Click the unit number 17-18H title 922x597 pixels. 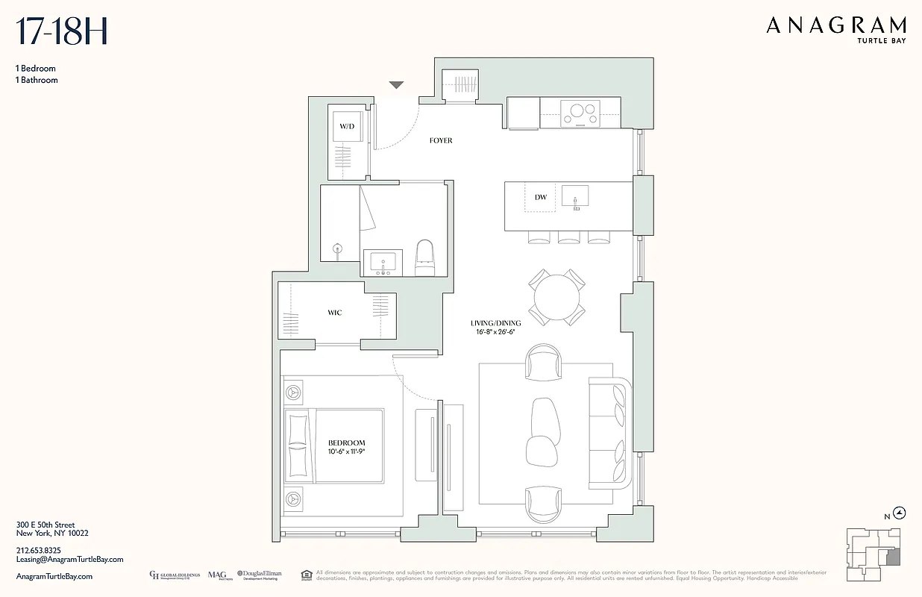pos(63,32)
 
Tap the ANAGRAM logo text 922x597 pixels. pos(836,26)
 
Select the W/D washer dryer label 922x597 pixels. pos(347,127)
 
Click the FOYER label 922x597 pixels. pos(440,140)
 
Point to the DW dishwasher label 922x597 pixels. pos(541,198)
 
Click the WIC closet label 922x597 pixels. pos(334,313)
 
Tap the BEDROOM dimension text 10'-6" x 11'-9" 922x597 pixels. pos(346,452)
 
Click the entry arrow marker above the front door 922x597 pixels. pos(396,86)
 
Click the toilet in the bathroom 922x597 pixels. pos(424,257)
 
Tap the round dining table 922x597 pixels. pos(556,298)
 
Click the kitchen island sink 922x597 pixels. pos(574,197)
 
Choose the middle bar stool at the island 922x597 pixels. pos(568,237)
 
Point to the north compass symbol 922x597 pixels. pos(900,513)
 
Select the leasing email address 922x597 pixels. pos(69,559)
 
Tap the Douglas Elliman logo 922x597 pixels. pos(259,575)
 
